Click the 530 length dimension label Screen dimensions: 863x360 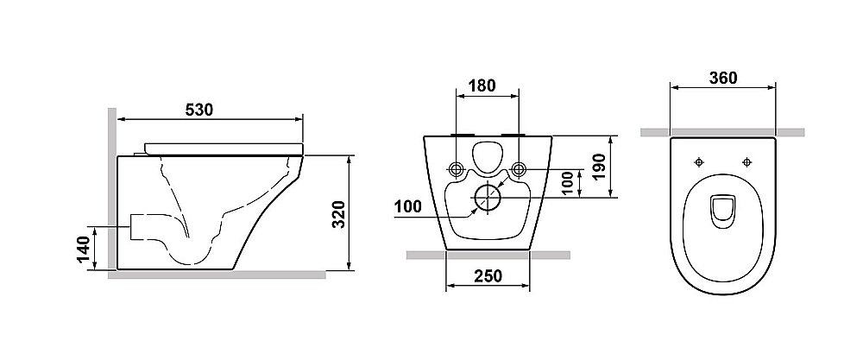(198, 111)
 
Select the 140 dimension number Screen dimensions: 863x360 (83, 249)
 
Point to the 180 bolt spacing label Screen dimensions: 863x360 (482, 85)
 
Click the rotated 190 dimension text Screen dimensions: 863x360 (600, 167)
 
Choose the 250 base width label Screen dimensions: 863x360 (488, 275)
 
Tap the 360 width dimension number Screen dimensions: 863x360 (722, 79)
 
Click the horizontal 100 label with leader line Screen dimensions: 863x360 (408, 207)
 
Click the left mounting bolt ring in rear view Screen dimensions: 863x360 (457, 170)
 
